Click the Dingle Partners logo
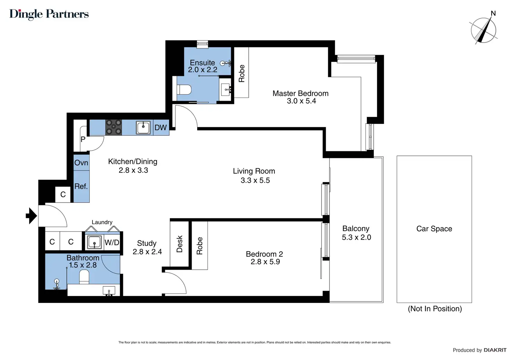pyautogui.click(x=49, y=14)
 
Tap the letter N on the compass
pyautogui.click(x=493, y=13)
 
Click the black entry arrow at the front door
pyautogui.click(x=32, y=216)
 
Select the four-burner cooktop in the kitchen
pyautogui.click(x=113, y=128)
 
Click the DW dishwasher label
pyautogui.click(x=160, y=128)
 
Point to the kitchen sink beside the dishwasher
pyautogui.click(x=143, y=128)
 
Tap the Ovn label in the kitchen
pyautogui.click(x=81, y=163)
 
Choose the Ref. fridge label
pyautogui.click(x=81, y=186)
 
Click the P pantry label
pyautogui.click(x=83, y=139)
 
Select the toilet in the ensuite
pyautogui.click(x=184, y=90)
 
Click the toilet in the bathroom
pyautogui.click(x=84, y=277)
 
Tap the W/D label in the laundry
pyautogui.click(x=112, y=242)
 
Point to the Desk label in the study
pyautogui.click(x=179, y=244)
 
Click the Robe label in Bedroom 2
pyautogui.click(x=200, y=246)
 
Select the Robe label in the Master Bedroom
pyautogui.click(x=241, y=73)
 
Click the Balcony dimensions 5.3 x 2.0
pyautogui.click(x=357, y=237)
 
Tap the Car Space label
pyautogui.click(x=434, y=228)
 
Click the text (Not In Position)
pyautogui.click(x=435, y=309)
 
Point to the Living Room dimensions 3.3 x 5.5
pyautogui.click(x=255, y=180)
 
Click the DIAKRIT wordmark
pyautogui.click(x=495, y=350)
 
